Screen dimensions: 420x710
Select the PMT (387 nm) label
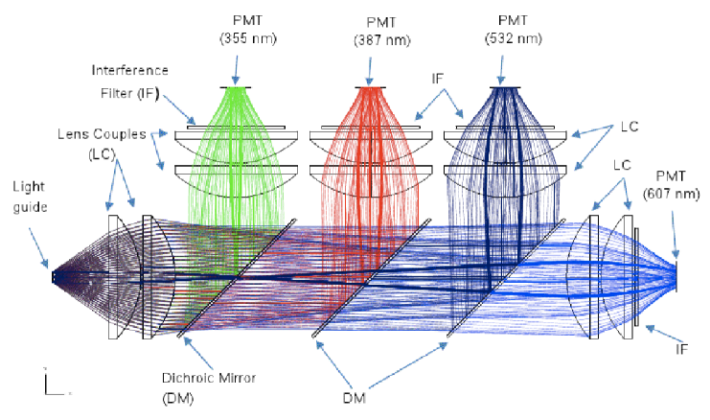pos(370,31)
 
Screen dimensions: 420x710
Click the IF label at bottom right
pos(681,350)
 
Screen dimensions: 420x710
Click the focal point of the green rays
pos(236,88)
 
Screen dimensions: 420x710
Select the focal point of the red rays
pos(370,88)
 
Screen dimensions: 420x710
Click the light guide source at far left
pos(55,277)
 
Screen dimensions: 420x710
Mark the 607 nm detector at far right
pos(678,276)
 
